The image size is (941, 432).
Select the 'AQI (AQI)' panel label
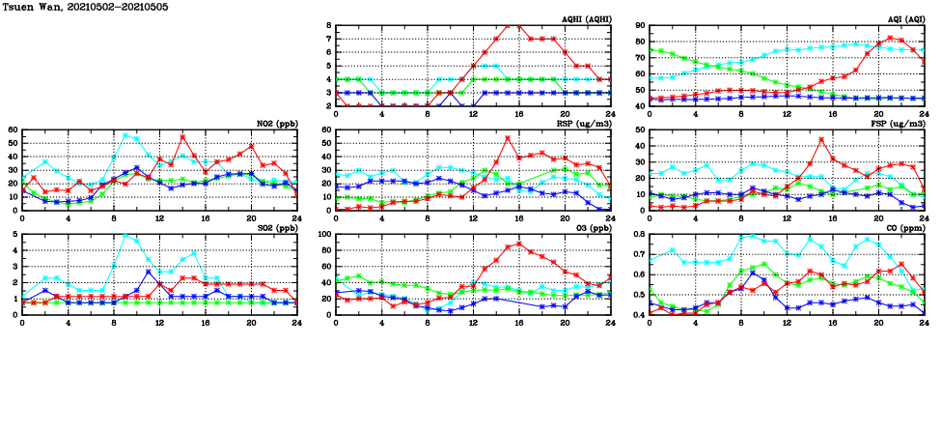(x=903, y=19)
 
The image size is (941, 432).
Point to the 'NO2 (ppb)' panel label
(x=274, y=124)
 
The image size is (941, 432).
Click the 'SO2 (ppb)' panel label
(x=274, y=228)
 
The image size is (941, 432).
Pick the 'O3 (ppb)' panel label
(x=590, y=228)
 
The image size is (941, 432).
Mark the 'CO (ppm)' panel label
(x=903, y=228)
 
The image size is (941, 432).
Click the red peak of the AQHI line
(x=519, y=25)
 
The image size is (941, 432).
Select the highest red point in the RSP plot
(x=508, y=138)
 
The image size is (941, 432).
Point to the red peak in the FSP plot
(x=821, y=139)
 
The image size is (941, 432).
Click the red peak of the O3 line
(x=519, y=244)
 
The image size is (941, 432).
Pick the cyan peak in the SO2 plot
(x=125, y=235)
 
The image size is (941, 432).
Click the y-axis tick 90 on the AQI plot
(x=640, y=26)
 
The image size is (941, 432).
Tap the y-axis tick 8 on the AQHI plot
(x=329, y=26)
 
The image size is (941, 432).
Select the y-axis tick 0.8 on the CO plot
(x=638, y=234)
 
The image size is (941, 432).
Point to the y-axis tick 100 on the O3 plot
(x=324, y=234)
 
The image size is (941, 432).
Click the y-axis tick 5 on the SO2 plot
(x=15, y=234)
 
